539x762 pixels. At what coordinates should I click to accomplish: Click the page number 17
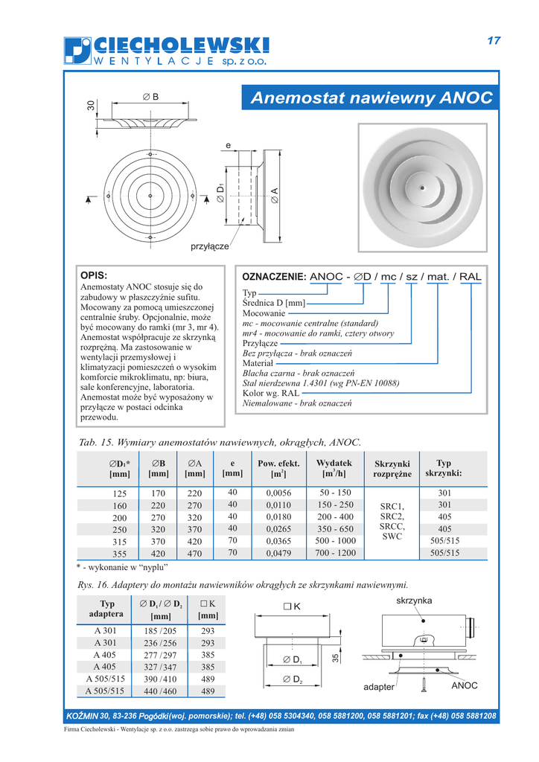click(494, 41)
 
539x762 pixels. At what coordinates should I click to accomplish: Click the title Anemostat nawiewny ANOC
click(371, 97)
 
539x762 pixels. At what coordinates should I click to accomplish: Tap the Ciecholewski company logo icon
click(77, 51)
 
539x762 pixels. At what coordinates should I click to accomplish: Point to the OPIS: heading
click(94, 275)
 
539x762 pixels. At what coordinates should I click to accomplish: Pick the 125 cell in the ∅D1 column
click(119, 493)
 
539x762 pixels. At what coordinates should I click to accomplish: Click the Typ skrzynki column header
click(444, 468)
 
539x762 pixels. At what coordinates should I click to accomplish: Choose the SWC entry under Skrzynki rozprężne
click(392, 536)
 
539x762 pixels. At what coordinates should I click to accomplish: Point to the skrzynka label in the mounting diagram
click(414, 601)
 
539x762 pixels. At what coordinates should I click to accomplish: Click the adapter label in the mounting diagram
click(378, 688)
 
